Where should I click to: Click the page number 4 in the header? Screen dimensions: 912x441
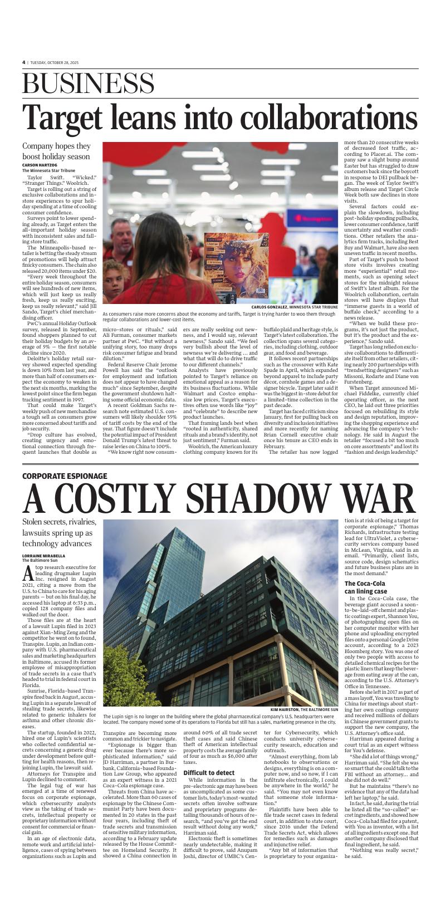tap(24, 62)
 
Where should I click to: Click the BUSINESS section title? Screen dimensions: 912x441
tap(88, 85)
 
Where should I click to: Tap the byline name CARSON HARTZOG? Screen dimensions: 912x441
tap(40, 165)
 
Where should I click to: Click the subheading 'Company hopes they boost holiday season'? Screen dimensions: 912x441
tap(56, 151)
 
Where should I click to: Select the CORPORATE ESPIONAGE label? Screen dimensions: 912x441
tap(65, 476)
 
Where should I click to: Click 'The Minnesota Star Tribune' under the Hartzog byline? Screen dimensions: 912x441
tap(48, 170)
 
